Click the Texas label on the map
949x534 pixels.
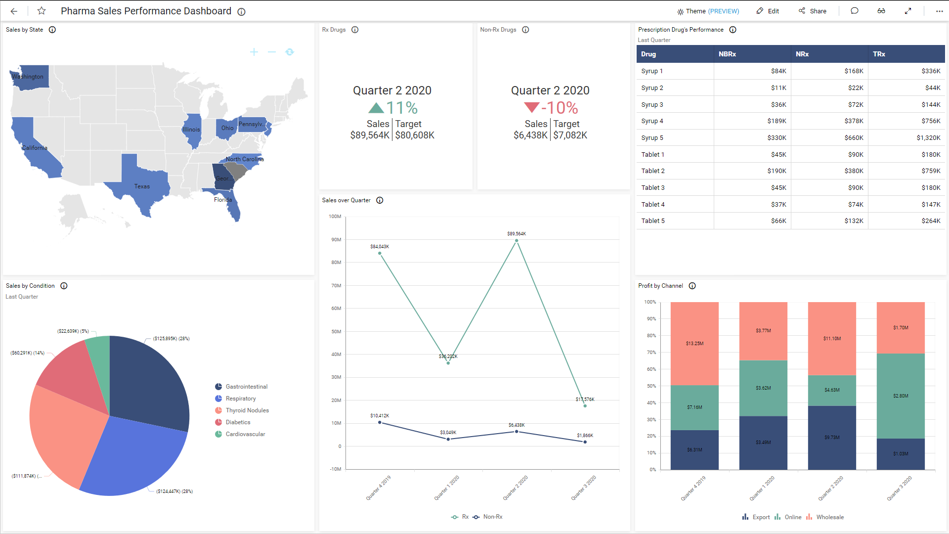tap(142, 186)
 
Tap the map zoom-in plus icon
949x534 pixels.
tap(254, 52)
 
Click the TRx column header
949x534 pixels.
tap(879, 54)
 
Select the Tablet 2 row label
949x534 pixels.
tap(653, 171)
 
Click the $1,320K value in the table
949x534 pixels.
tap(928, 138)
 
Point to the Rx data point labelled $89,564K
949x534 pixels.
tap(517, 241)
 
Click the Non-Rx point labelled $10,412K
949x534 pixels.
tap(380, 422)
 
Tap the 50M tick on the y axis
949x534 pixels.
tap(336, 332)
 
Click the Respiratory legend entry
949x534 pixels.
tap(240, 399)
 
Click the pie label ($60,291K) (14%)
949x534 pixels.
tap(27, 353)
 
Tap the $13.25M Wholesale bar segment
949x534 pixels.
tap(694, 344)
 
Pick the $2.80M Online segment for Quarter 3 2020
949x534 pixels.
tap(900, 396)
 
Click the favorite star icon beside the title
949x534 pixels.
tap(42, 11)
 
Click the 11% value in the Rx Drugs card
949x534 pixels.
tap(401, 108)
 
